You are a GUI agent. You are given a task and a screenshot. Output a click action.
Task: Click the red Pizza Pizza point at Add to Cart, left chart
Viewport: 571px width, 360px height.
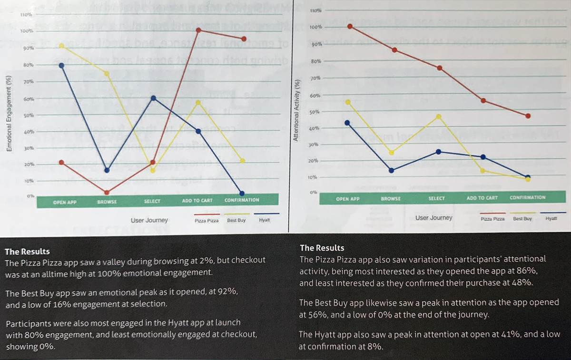(198, 30)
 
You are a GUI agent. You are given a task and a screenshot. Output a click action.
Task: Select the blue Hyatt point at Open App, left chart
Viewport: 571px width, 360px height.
(62, 65)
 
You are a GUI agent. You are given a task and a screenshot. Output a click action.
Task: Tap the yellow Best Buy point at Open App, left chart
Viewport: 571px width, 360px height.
(62, 46)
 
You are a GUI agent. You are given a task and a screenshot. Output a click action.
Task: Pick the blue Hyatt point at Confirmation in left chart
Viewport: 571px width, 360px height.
(242, 194)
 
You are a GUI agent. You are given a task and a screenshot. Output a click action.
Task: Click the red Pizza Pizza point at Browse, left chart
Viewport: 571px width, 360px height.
(107, 193)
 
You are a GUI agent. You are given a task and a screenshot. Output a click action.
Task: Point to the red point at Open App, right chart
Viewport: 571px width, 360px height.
(350, 27)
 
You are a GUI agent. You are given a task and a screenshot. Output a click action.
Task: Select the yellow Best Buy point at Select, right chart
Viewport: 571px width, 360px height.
(439, 117)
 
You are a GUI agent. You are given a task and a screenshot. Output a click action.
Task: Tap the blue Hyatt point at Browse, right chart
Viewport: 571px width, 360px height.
(391, 171)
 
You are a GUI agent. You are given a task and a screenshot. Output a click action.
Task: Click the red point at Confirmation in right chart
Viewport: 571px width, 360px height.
(528, 116)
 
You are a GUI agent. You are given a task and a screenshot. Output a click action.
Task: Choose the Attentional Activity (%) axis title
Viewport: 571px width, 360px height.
(296, 110)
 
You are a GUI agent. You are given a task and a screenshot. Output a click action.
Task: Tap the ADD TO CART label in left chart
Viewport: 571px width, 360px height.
(197, 201)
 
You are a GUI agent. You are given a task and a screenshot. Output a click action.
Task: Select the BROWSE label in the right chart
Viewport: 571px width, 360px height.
(391, 198)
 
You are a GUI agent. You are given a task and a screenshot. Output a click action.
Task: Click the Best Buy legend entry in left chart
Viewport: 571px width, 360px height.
(236, 221)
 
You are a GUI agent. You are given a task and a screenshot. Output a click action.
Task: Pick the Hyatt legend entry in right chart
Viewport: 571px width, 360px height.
(551, 218)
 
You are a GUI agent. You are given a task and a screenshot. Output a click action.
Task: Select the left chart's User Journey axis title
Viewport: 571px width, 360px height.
(149, 221)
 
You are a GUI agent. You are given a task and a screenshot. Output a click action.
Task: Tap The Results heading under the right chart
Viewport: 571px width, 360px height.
(322, 248)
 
